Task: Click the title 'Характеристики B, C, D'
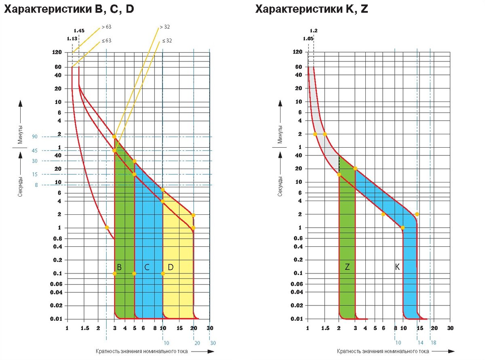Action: click(x=69, y=9)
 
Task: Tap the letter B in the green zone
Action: click(x=119, y=267)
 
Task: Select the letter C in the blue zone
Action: click(x=147, y=267)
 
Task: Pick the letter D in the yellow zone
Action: click(x=171, y=267)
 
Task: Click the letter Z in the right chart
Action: click(x=347, y=267)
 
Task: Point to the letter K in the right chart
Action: click(x=397, y=267)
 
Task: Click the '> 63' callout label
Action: click(x=106, y=27)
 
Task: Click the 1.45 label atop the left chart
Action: click(x=79, y=31)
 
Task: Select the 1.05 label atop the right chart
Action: click(x=308, y=38)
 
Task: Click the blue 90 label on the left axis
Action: click(x=35, y=137)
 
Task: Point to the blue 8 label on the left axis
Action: click(x=36, y=185)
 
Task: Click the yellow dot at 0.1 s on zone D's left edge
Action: click(x=163, y=273)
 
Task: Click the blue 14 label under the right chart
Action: click(x=420, y=343)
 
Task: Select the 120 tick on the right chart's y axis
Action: click(x=298, y=52)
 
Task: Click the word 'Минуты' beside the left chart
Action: click(x=20, y=135)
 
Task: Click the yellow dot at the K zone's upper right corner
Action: click(x=417, y=214)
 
